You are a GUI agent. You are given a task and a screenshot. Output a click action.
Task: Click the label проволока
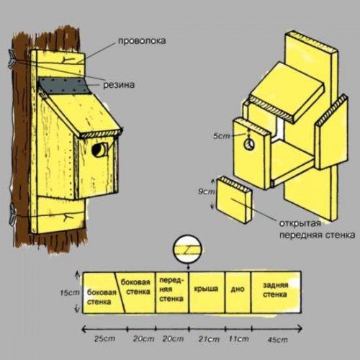[x=142, y=41]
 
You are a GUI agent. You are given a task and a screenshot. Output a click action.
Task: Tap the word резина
[x=119, y=85]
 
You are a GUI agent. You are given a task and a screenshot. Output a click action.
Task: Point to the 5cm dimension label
[x=222, y=136]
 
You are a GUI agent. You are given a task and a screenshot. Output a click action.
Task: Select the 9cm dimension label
[x=207, y=192]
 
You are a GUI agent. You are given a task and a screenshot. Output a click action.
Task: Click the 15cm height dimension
[x=70, y=293]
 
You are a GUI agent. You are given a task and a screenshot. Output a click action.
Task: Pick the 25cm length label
[x=104, y=338]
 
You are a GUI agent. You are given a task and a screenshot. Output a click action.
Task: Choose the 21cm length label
[x=209, y=339]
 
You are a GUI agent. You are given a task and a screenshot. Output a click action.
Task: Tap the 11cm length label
[x=239, y=339]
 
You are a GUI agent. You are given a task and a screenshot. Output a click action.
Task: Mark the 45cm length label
[x=277, y=340]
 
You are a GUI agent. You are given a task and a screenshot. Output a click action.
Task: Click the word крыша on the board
[x=206, y=288]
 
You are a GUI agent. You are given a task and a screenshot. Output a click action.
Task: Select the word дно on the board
[x=238, y=289]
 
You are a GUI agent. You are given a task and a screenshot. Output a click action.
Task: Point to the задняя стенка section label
[x=275, y=289]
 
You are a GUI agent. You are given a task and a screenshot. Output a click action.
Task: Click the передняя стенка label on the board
[x=171, y=289]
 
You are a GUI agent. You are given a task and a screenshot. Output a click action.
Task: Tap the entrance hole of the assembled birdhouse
[x=99, y=150]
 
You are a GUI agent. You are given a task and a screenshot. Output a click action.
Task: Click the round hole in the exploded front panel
[x=249, y=145]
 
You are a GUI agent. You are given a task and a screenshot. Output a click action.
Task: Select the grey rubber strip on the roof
[x=65, y=86]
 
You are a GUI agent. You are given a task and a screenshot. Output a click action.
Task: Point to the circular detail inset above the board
[x=188, y=248]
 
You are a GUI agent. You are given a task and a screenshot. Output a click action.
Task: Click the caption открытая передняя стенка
[x=317, y=229]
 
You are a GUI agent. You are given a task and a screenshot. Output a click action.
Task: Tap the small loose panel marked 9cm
[x=234, y=200]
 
